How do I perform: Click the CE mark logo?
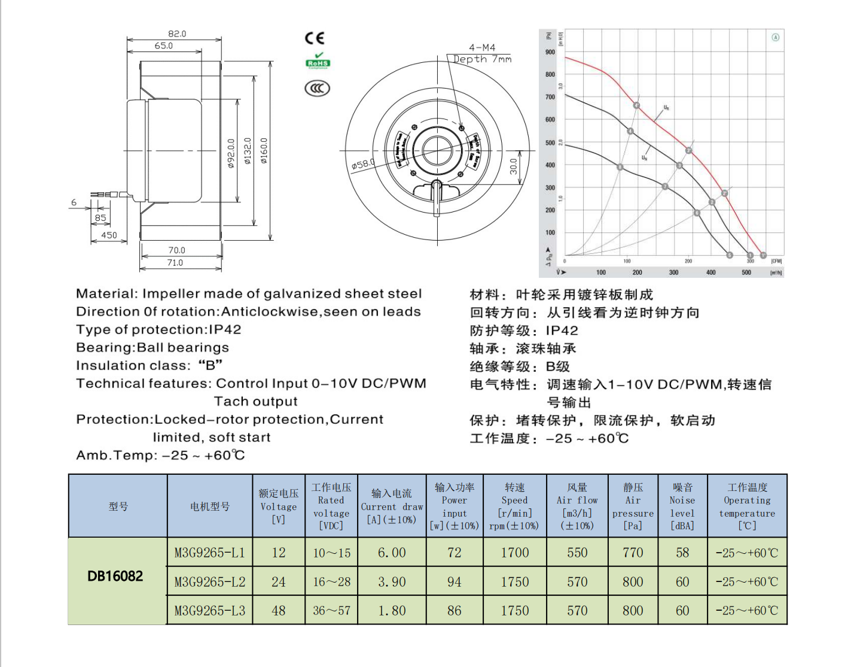tap(315, 38)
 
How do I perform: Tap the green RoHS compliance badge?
tap(318, 62)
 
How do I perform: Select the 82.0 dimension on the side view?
tap(177, 34)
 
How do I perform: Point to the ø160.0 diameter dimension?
tap(264, 151)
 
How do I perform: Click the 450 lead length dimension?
tap(109, 235)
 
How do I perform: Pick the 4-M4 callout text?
tap(482, 47)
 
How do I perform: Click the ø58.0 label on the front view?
tap(363, 163)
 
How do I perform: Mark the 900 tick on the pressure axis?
tap(550, 52)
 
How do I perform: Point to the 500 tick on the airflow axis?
tap(746, 272)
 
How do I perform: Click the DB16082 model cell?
tap(115, 576)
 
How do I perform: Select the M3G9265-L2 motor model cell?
tap(210, 582)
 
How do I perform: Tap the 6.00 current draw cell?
tap(392, 553)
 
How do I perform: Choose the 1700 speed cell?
tap(515, 553)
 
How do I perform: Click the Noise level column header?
tap(682, 507)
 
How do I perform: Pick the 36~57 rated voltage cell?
tap(331, 611)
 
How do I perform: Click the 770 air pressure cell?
tap(633, 553)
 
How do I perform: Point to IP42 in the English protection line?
tap(225, 330)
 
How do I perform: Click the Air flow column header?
tap(577, 507)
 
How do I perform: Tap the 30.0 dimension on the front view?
tap(514, 166)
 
